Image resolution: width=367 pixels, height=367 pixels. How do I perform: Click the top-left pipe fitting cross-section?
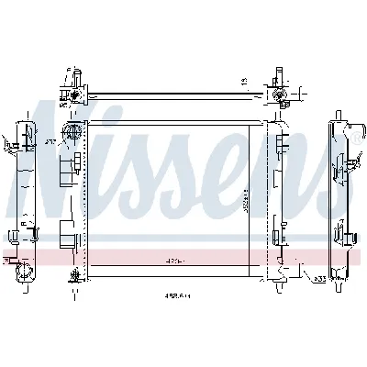(71, 93)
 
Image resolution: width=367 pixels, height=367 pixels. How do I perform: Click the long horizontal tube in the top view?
(174, 93)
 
